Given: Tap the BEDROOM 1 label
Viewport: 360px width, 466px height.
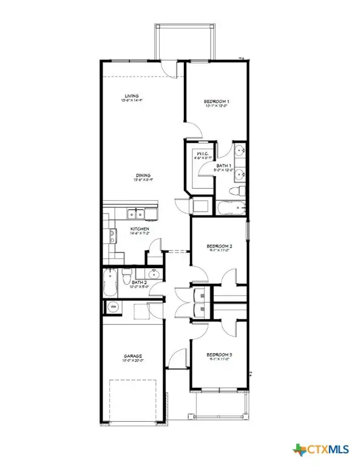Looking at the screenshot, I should pos(216,101).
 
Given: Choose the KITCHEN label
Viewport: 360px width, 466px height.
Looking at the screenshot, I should pos(140,229).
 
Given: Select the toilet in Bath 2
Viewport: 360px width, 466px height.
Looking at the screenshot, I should pos(126,278).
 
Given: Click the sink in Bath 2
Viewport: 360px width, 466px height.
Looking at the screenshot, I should pos(154,273).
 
